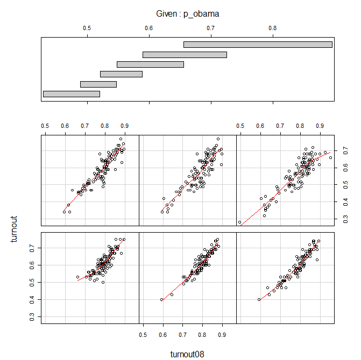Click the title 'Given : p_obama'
click(x=187, y=14)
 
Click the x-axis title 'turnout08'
click(x=187, y=354)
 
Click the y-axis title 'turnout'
click(x=14, y=229)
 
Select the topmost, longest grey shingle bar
click(x=258, y=45)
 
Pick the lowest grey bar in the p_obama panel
click(x=72, y=94)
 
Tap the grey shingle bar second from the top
click(x=185, y=55)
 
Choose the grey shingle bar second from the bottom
click(x=98, y=84)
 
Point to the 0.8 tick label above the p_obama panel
click(x=273, y=28)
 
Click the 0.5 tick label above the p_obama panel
click(x=87, y=28)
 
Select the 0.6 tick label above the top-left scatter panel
click(x=65, y=126)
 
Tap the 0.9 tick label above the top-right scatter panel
click(x=320, y=126)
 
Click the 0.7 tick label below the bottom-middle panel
click(x=182, y=335)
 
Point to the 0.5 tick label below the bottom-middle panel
click(x=143, y=335)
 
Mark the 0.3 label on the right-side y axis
click(x=345, y=219)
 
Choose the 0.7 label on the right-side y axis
click(x=345, y=150)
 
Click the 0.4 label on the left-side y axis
click(x=32, y=299)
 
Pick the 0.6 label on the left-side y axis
click(x=32, y=265)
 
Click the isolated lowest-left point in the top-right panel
click(x=239, y=222)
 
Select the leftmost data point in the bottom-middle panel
click(x=162, y=299)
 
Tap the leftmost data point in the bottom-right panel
click(x=259, y=299)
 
